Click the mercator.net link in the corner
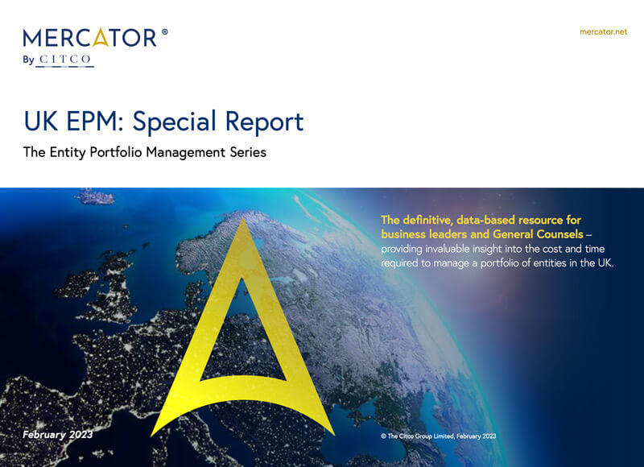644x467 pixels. coord(603,31)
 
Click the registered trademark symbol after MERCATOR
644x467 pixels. coord(165,31)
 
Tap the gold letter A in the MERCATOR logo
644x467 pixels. coord(101,37)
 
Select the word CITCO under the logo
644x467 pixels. coord(65,60)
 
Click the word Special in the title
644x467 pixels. coord(175,122)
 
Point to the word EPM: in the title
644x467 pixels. coord(94,122)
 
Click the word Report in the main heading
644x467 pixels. coord(265,122)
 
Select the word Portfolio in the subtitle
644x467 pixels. coord(116,152)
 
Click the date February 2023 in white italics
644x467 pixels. coord(57,435)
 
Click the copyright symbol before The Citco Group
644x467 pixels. coord(383,436)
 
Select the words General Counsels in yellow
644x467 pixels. coord(538,234)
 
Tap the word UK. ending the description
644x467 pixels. coord(605,262)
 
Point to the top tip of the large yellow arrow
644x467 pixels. coord(243,219)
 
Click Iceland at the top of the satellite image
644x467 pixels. coord(95,196)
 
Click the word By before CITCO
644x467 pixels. coord(28,60)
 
